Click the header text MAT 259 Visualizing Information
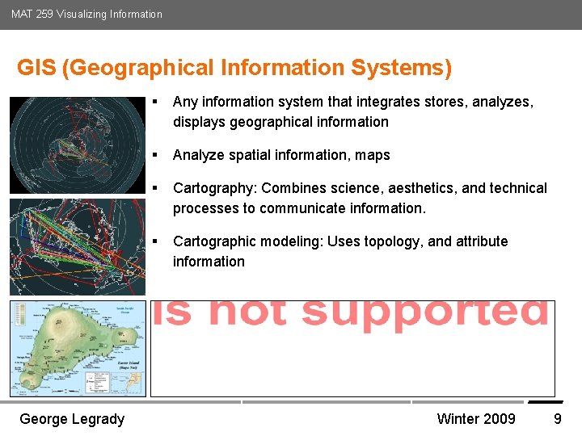(x=86, y=14)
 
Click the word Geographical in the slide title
(x=141, y=68)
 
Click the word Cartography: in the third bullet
(x=215, y=188)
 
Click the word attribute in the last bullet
(x=478, y=241)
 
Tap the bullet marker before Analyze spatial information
(x=154, y=155)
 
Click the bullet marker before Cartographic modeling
(x=154, y=241)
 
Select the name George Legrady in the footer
(x=72, y=418)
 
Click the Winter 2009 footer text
(x=475, y=418)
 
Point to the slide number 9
(x=557, y=418)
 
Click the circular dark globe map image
(x=77, y=146)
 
